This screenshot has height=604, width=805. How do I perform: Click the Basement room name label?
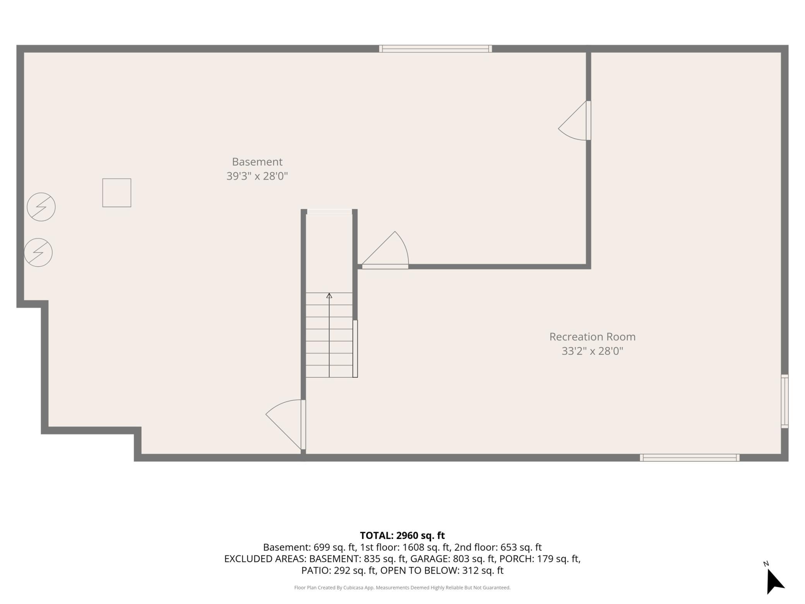257,162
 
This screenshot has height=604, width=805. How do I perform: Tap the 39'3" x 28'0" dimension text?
257,176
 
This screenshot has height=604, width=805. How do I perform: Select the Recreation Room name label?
593,337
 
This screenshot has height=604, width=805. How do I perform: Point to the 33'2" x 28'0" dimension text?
593,351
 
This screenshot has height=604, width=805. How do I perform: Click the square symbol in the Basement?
116,193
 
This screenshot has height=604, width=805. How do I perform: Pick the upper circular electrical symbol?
41,207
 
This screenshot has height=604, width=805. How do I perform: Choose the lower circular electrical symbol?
38,252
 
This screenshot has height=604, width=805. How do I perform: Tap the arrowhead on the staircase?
329,296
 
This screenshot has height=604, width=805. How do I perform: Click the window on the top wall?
435,49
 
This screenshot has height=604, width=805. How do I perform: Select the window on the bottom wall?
690,458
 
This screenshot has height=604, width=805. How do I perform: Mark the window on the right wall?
784,401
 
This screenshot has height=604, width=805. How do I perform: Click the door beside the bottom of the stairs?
285,425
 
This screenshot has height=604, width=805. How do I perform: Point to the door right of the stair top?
385,250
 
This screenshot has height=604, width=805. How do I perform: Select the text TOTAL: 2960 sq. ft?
402,535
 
